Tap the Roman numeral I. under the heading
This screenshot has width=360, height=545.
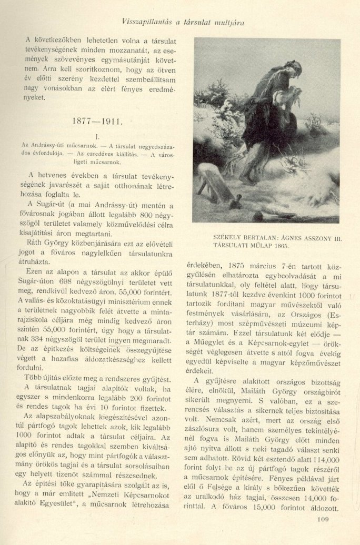pos(97,136)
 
